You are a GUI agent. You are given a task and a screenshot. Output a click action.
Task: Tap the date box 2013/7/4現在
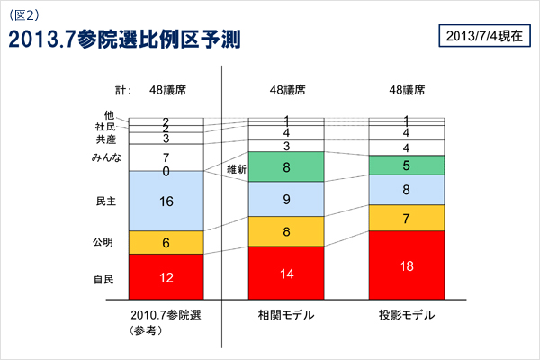(x=483, y=37)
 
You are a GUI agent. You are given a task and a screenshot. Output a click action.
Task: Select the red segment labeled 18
(x=407, y=265)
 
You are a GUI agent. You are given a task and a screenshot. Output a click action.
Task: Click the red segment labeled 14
(x=286, y=272)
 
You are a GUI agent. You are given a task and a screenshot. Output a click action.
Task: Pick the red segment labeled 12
(x=166, y=276)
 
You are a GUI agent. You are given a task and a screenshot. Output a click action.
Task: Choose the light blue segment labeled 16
(x=166, y=201)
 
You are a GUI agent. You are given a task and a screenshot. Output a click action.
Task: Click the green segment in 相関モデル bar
(x=286, y=166)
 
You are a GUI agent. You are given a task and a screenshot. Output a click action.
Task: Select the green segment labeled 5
(x=407, y=165)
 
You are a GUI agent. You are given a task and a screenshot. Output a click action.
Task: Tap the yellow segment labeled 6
(x=166, y=242)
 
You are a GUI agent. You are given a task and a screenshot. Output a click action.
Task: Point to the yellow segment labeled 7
(x=407, y=218)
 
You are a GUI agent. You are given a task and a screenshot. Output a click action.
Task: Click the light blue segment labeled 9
(x=286, y=199)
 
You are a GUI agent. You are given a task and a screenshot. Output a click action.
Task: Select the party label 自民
(x=104, y=280)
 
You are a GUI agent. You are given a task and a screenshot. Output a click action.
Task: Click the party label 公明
(x=104, y=242)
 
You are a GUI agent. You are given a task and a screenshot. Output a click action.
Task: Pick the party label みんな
(x=100, y=158)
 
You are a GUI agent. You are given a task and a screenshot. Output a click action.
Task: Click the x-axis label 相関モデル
(x=286, y=315)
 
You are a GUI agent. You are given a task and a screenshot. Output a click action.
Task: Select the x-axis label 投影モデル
(x=407, y=315)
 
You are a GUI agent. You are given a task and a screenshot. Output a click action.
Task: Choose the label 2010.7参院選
(x=166, y=315)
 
